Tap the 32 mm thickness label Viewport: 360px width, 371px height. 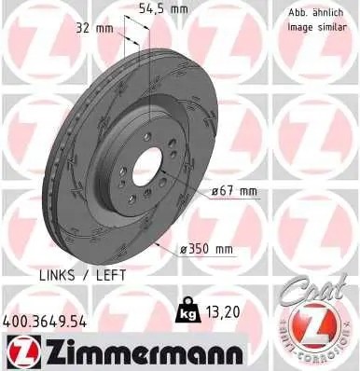tap(91, 27)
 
